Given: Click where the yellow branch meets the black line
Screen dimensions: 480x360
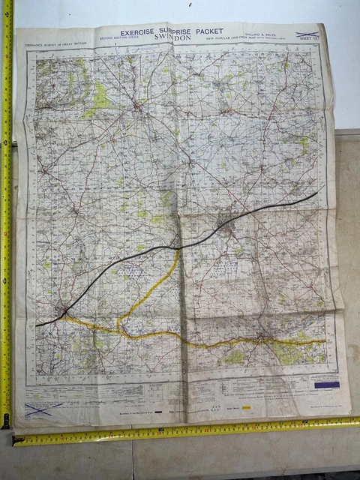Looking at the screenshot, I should (177, 248).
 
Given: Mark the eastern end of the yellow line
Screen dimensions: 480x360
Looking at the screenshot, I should (325, 341).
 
